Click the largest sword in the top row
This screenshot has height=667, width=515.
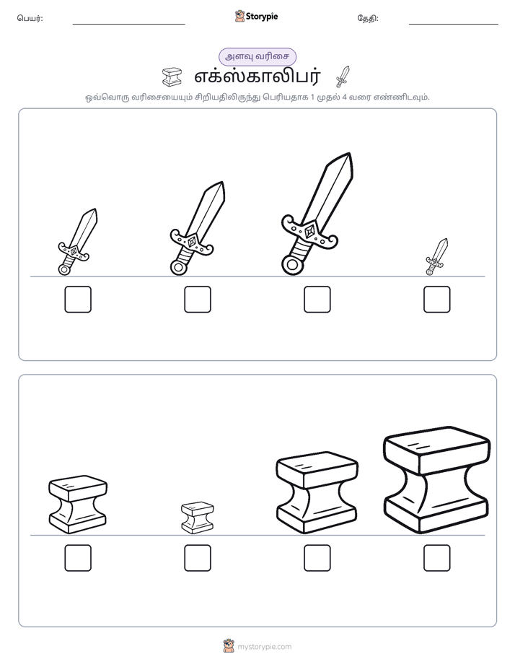(x=317, y=214)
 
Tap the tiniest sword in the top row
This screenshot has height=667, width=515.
(x=437, y=256)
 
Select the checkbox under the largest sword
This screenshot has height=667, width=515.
(x=317, y=300)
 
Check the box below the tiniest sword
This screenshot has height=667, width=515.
(x=437, y=300)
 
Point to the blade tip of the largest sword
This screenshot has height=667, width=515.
(x=350, y=154)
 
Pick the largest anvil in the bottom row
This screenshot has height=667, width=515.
(x=437, y=479)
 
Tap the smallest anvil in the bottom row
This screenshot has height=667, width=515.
(x=198, y=518)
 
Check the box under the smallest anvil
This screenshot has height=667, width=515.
(x=198, y=558)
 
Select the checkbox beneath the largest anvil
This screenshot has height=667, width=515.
(x=437, y=558)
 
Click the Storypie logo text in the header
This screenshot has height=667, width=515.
(x=262, y=17)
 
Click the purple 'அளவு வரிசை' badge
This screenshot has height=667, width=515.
(x=257, y=56)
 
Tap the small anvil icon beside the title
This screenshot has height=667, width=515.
(x=172, y=77)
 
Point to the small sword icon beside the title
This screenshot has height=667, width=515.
(x=343, y=77)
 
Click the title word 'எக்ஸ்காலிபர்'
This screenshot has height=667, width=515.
(x=257, y=77)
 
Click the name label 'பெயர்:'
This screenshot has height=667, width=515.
(x=30, y=18)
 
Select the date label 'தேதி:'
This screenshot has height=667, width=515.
(x=368, y=18)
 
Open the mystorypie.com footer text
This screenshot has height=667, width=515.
(x=264, y=647)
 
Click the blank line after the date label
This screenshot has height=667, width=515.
(x=454, y=25)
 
